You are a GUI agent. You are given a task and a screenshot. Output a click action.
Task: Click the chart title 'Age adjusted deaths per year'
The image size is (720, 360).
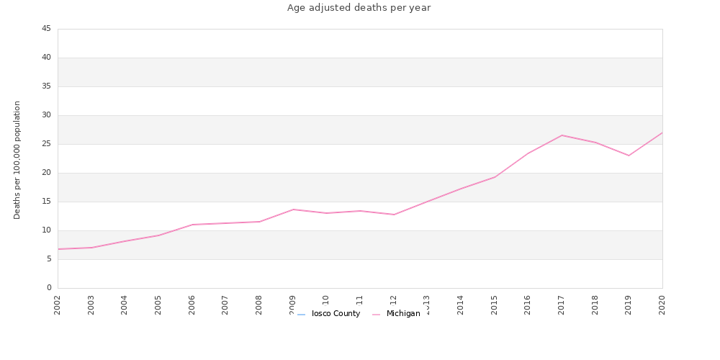(359, 8)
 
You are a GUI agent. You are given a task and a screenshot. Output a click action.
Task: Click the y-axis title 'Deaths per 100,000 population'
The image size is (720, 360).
(17, 160)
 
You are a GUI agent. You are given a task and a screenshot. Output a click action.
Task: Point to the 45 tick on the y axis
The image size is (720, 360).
(46, 29)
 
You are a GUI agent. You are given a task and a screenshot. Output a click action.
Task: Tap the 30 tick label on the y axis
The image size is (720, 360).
(46, 115)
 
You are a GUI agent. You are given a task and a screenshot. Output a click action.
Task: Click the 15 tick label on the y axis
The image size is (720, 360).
(46, 202)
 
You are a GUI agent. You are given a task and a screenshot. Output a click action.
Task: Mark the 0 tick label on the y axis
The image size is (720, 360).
(49, 288)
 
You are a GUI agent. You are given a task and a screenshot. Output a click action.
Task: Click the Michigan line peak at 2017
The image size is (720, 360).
(562, 135)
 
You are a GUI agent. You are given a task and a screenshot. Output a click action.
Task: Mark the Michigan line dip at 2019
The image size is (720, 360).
(629, 156)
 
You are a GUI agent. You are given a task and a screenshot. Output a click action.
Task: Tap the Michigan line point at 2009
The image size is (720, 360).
(293, 210)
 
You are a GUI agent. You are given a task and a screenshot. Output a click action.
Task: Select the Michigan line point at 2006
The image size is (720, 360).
(192, 225)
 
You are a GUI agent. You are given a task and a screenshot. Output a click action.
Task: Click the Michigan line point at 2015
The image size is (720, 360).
(495, 177)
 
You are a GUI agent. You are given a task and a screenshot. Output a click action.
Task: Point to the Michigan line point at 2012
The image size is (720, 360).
(394, 215)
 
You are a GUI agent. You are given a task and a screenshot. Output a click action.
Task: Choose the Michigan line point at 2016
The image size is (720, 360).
(528, 153)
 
